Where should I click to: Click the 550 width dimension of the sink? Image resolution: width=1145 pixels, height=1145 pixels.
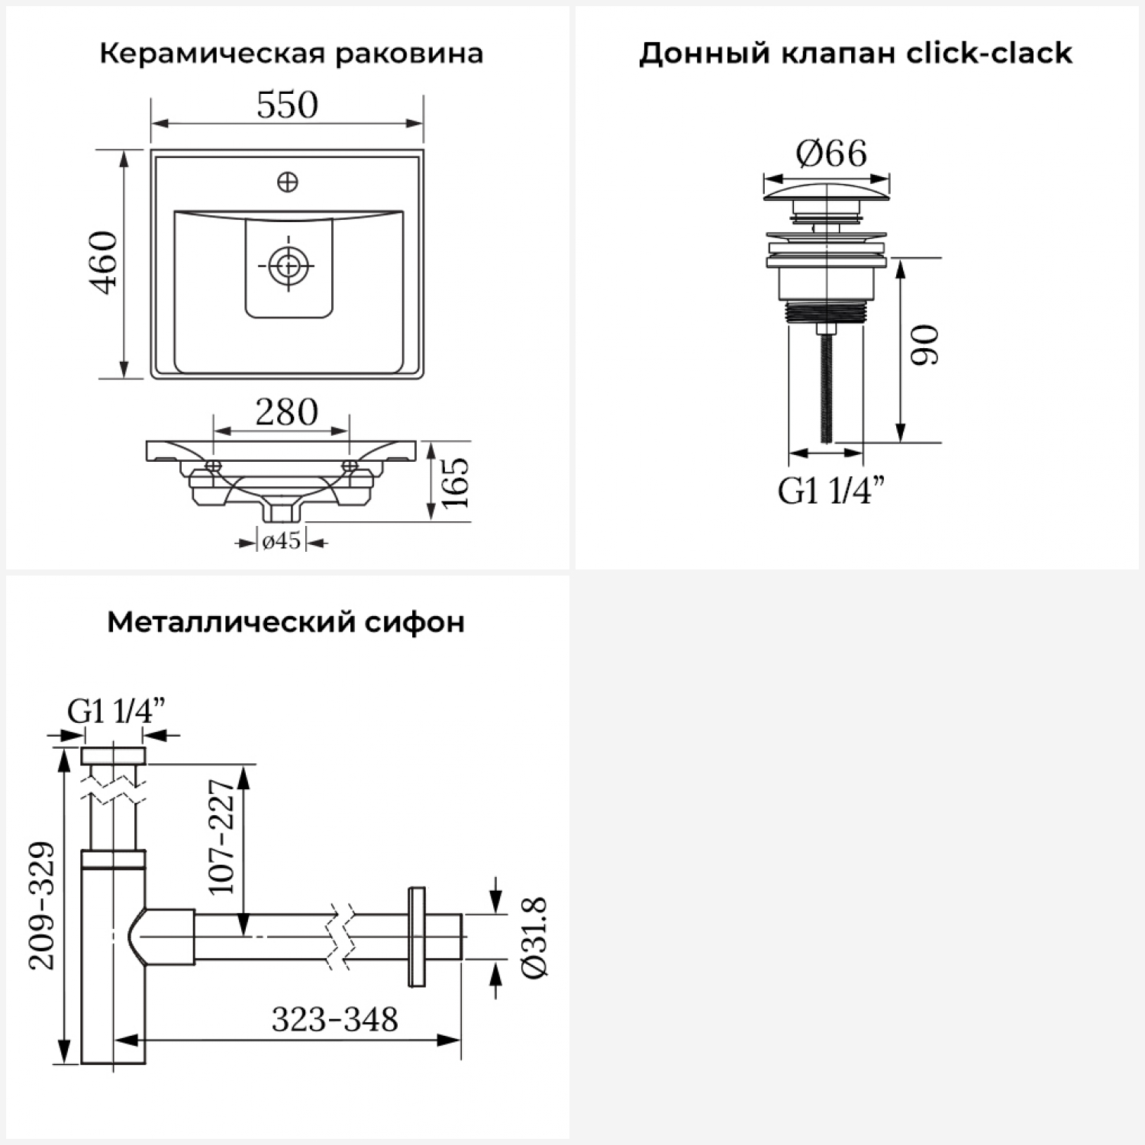tap(287, 105)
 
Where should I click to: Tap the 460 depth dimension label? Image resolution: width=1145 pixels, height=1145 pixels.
tap(104, 263)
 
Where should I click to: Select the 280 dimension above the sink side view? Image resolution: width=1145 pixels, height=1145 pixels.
tap(286, 412)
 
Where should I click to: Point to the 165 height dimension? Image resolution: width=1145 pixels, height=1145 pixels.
tap(456, 482)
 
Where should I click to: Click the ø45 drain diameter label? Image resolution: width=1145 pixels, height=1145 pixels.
tap(281, 541)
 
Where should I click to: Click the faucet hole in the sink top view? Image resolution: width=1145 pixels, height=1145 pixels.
tap(288, 182)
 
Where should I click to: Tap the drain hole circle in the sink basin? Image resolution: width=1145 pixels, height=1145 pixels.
tap(289, 266)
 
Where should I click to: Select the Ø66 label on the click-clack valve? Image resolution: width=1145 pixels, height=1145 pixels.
tap(831, 153)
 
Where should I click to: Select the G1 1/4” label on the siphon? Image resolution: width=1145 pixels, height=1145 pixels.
tap(116, 711)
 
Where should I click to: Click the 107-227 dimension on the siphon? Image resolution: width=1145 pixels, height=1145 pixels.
tap(221, 837)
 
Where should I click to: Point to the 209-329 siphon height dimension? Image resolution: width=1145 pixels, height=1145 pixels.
tap(42, 905)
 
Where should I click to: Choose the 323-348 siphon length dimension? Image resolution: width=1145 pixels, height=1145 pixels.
tap(335, 1019)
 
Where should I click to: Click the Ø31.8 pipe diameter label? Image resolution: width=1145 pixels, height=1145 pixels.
tap(534, 937)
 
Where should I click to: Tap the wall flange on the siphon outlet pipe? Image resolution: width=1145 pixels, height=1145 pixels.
tap(417, 937)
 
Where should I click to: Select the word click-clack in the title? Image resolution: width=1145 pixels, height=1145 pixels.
tap(989, 53)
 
